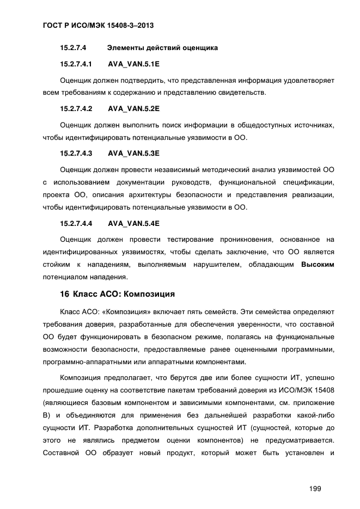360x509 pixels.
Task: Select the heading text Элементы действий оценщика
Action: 163,48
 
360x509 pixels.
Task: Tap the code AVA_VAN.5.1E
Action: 133,64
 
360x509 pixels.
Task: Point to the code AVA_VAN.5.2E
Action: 133,108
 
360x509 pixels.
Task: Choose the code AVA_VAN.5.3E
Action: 133,152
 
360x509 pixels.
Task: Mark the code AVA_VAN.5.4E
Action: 133,223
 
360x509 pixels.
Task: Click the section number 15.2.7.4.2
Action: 76,108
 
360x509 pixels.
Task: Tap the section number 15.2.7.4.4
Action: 76,223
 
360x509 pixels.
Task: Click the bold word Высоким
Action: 317,265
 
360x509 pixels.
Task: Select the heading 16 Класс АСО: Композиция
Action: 117,295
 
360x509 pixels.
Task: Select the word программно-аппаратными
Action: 80,362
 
